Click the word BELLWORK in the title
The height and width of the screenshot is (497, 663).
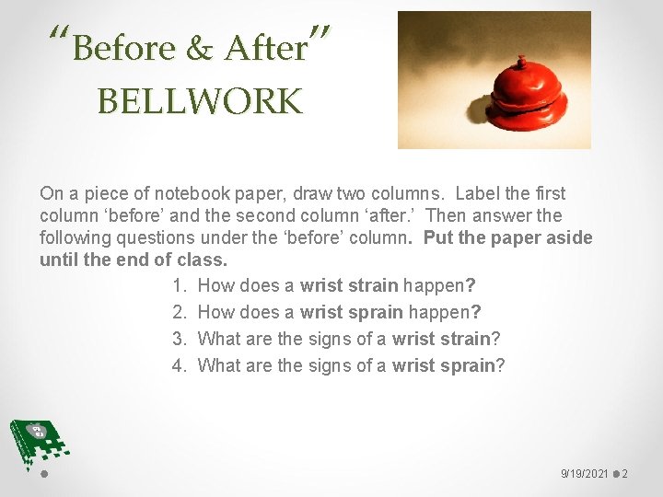199,101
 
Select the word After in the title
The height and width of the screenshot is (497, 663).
265,48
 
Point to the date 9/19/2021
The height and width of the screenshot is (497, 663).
585,474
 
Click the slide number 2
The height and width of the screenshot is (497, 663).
625,474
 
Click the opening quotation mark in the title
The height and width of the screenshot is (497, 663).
60,37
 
